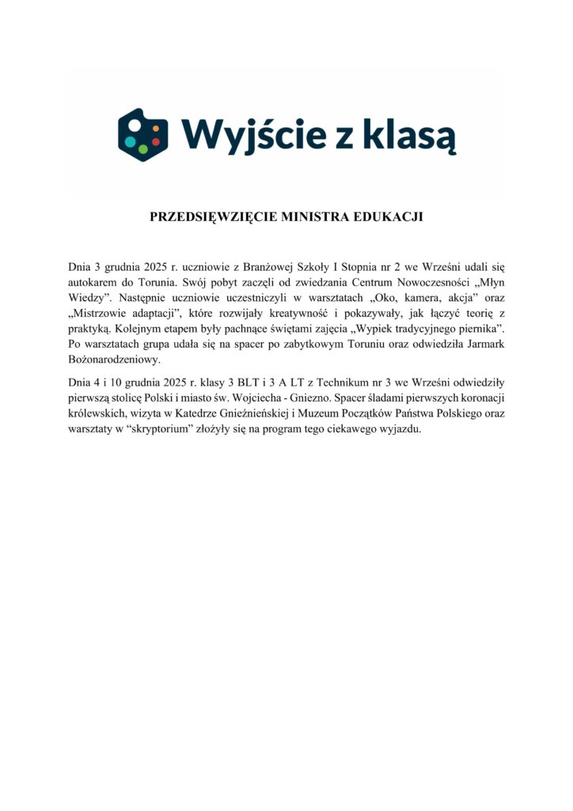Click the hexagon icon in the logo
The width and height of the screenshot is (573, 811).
(143, 135)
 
